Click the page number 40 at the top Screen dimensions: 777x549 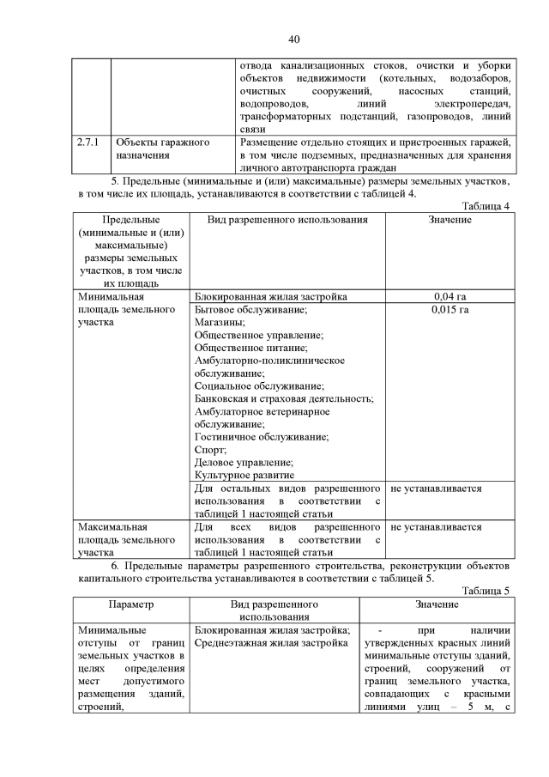(x=294, y=39)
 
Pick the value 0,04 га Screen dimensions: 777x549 (x=449, y=296)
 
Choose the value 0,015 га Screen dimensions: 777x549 (x=449, y=309)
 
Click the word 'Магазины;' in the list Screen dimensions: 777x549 (x=220, y=322)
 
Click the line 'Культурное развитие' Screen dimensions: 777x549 (x=244, y=475)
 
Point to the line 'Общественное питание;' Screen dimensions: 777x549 (x=250, y=348)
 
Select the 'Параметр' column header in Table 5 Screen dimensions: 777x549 (x=131, y=604)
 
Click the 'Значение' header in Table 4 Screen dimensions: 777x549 (x=449, y=220)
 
